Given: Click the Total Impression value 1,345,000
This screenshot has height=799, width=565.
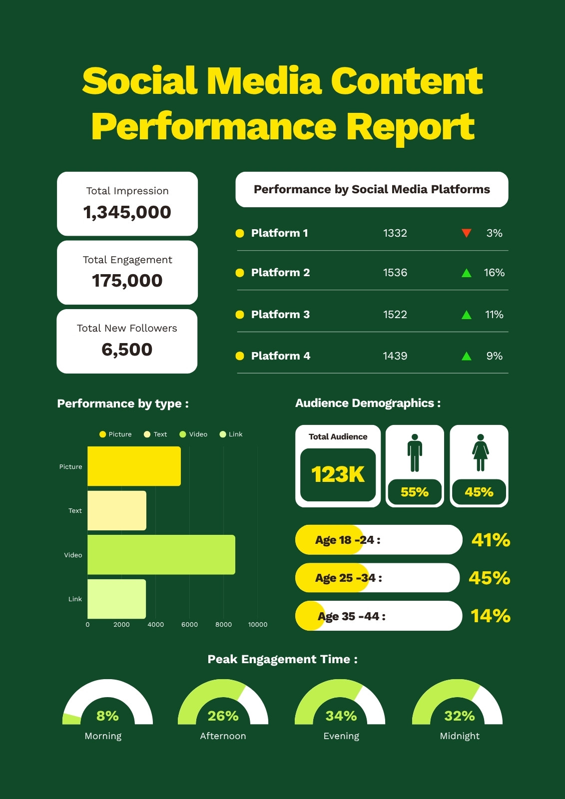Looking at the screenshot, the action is (x=127, y=213).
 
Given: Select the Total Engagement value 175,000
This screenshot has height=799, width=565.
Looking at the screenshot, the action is (x=127, y=281).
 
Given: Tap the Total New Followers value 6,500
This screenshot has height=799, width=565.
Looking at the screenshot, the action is (x=127, y=350).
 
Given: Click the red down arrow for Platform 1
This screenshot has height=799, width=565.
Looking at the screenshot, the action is (x=467, y=233).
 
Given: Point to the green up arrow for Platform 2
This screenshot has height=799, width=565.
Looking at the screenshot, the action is (x=467, y=273).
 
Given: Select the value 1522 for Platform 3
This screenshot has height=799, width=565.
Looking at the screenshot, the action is (x=395, y=315).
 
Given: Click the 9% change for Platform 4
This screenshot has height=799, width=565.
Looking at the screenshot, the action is (x=495, y=356).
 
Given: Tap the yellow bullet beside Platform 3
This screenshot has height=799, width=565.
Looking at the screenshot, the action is (x=240, y=315).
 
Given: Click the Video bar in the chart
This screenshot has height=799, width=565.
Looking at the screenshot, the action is (x=161, y=555).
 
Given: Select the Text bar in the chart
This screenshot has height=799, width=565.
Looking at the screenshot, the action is (x=117, y=510).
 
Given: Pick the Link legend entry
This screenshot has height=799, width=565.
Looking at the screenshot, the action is (x=231, y=434).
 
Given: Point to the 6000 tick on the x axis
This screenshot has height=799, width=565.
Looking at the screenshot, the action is (x=189, y=625).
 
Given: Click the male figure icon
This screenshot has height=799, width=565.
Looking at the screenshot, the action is (x=415, y=452).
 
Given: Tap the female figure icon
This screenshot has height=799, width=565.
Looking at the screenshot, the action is (x=481, y=452).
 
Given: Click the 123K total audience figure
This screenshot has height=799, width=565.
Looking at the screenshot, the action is (x=338, y=474).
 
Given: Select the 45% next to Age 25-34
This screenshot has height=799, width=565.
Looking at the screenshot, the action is (x=490, y=578).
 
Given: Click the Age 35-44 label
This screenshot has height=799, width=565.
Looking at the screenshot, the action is (x=352, y=616).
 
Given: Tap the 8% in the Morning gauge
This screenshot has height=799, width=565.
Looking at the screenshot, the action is (x=107, y=716).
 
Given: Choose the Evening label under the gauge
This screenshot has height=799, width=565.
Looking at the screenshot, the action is (x=341, y=736).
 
